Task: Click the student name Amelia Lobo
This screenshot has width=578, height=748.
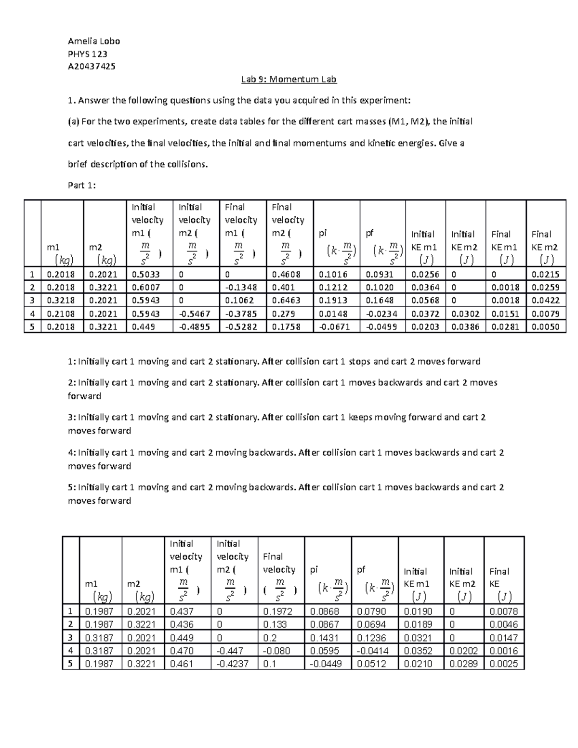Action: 94,41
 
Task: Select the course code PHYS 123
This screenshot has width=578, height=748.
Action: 88,54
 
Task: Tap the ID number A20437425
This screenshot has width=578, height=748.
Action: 92,66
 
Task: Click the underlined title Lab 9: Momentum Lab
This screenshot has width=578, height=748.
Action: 289,79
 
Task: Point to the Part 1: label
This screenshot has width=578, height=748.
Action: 82,185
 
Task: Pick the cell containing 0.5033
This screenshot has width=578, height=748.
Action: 146,274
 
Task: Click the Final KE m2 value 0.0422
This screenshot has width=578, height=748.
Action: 545,300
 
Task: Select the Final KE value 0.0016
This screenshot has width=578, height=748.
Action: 503,651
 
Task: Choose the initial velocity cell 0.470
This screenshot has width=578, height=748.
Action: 182,651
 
